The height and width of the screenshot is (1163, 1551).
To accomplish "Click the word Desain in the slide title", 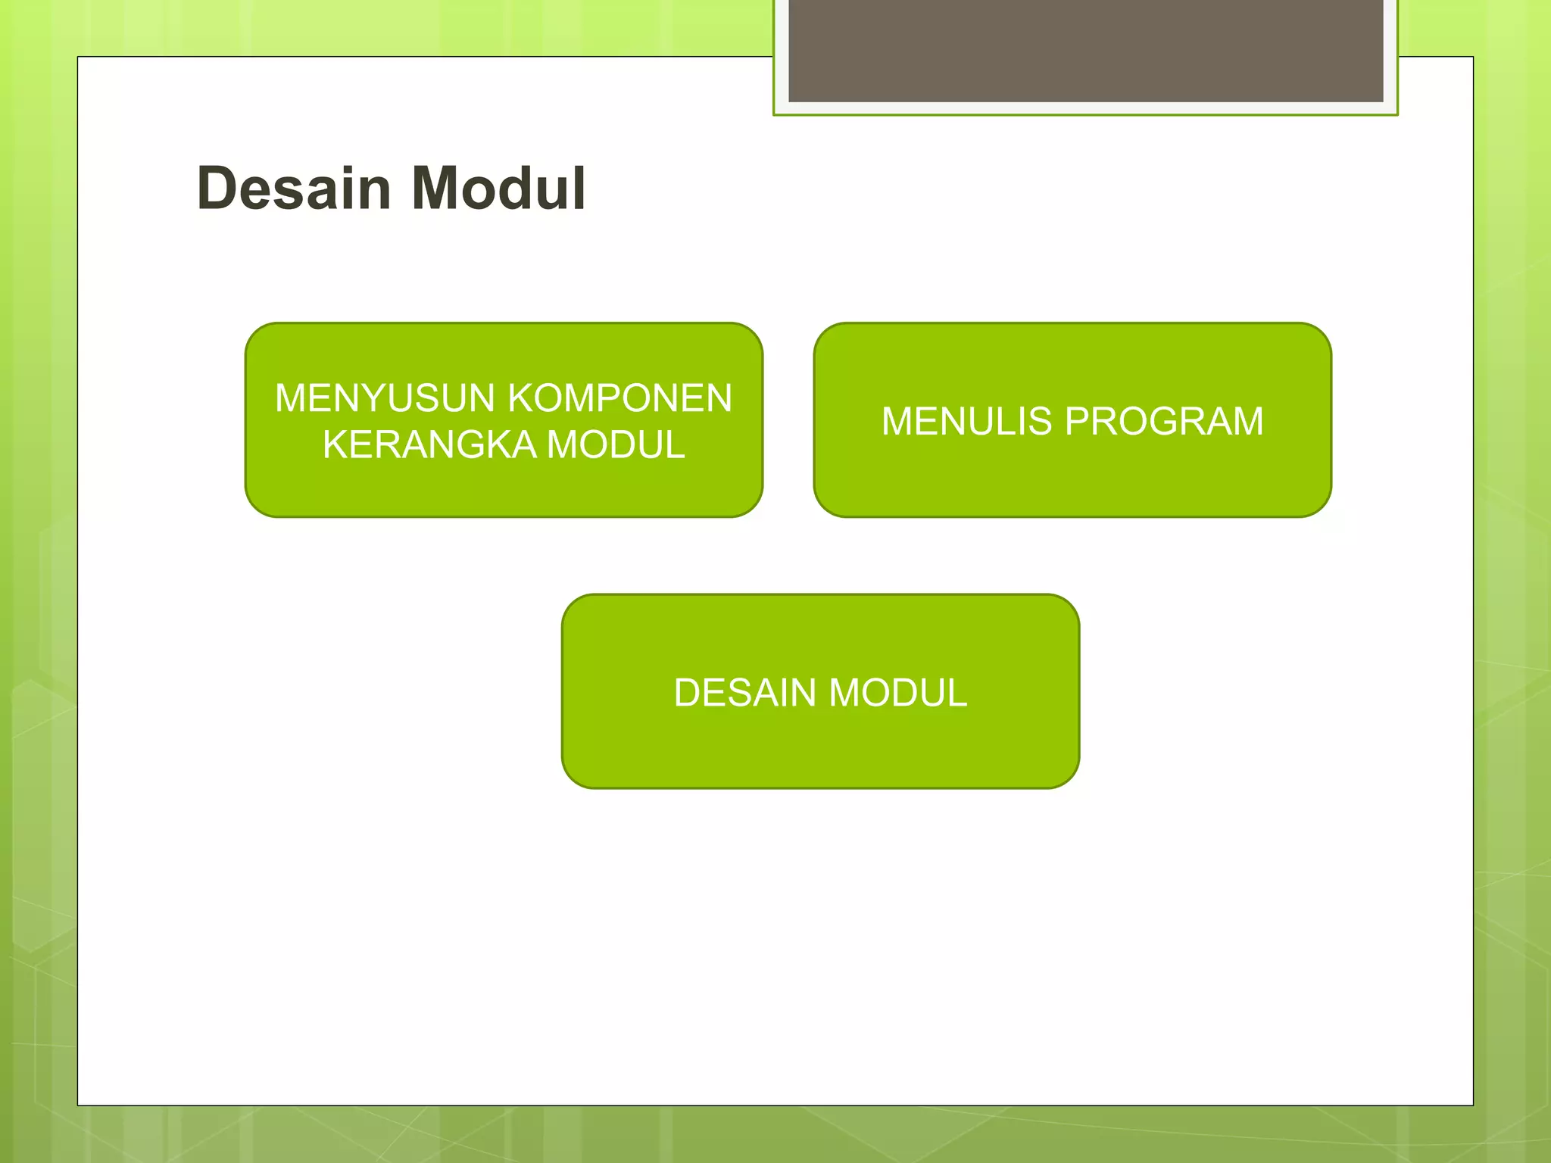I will point(293,189).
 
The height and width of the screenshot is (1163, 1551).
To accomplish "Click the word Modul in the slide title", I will point(499,189).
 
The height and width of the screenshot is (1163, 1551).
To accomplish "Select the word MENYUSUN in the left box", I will point(385,398).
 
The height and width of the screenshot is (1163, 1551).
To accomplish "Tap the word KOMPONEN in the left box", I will point(619,398).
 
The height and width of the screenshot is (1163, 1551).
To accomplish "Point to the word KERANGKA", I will point(429,444).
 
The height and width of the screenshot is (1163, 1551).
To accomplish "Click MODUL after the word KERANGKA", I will point(616,444).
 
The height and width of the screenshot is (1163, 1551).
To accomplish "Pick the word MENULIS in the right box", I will point(967,422).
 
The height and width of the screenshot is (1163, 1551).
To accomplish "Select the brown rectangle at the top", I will point(1085,50).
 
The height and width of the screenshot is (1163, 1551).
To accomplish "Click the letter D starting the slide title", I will point(215,189).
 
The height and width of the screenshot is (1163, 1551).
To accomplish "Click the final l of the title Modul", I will point(579,189).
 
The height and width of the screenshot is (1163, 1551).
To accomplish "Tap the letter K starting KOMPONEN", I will point(520,398).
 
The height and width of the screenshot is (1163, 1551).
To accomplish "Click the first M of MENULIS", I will point(899,422).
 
